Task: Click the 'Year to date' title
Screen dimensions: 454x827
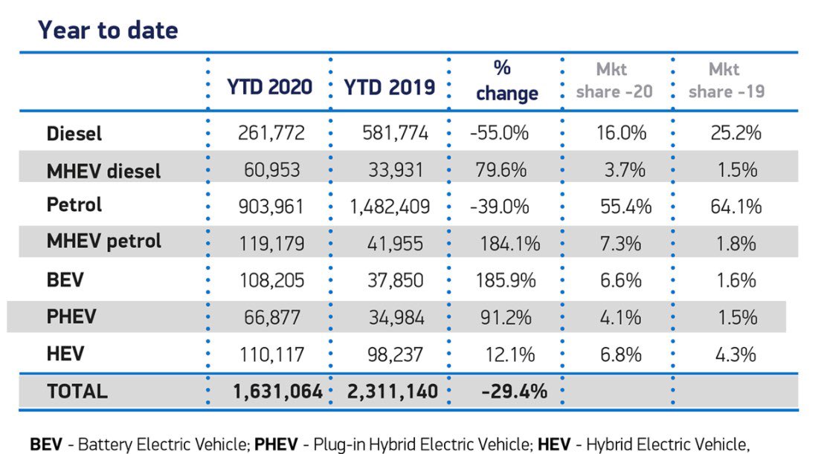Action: coord(109,30)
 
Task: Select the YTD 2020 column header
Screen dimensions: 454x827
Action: coord(269,86)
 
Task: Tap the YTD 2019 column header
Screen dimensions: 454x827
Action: coord(389,86)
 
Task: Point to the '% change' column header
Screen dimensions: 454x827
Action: coord(506,80)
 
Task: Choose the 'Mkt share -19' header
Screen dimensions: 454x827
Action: coord(726,80)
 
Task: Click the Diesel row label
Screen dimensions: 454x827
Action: coord(74,134)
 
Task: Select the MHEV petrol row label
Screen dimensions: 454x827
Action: coord(104,241)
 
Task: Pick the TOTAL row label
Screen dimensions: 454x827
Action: coord(77,391)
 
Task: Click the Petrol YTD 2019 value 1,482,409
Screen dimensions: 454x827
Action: coord(390,207)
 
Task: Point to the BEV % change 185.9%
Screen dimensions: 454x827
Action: coord(503,281)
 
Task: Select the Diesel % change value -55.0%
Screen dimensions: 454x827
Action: coord(499,134)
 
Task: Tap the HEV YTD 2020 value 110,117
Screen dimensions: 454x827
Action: coord(271,354)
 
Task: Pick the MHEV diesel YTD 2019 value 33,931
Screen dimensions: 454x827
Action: coord(396,170)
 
